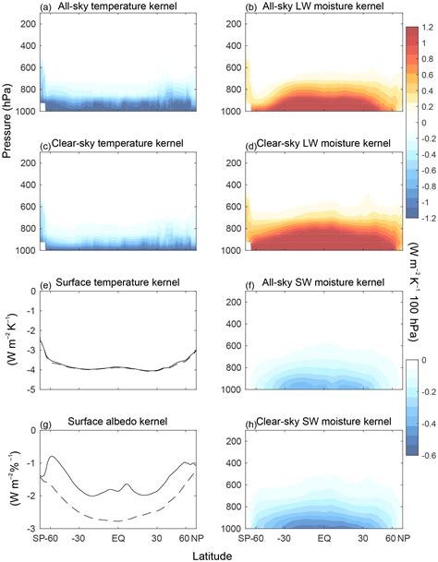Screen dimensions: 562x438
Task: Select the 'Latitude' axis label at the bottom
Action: [x=219, y=555]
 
